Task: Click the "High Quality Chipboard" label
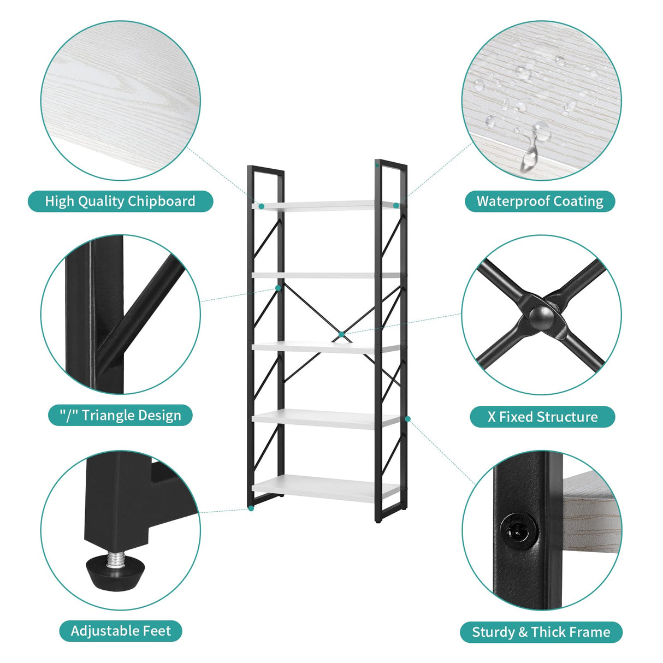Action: pyautogui.click(x=120, y=201)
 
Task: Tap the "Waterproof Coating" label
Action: pyautogui.click(x=540, y=201)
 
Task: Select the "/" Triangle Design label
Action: pyautogui.click(x=120, y=416)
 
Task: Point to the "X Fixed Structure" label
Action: pyautogui.click(x=542, y=417)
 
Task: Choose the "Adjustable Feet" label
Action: pyautogui.click(x=121, y=631)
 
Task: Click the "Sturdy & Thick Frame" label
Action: pyautogui.click(x=541, y=632)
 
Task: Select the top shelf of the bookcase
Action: pyautogui.click(x=326, y=205)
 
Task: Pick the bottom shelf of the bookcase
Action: pyautogui.click(x=326, y=486)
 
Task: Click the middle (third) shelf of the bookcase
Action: pyautogui.click(x=326, y=347)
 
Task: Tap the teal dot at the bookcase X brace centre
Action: pyautogui.click(x=341, y=334)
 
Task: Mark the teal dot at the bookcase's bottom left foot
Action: pyautogui.click(x=251, y=508)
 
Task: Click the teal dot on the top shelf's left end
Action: pyautogui.click(x=262, y=206)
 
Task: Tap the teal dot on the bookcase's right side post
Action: pyautogui.click(x=407, y=419)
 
